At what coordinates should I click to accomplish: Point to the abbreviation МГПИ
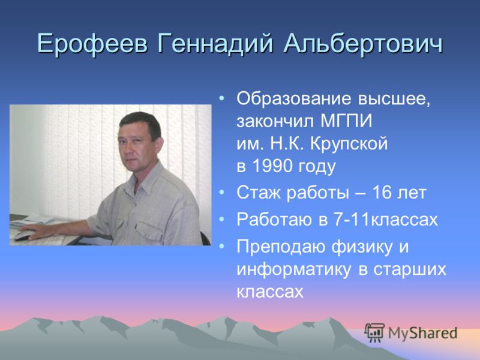tap(346, 121)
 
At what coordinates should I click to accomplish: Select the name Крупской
tap(349, 144)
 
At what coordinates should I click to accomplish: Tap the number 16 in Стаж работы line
tap(380, 193)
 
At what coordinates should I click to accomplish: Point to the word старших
tap(410, 270)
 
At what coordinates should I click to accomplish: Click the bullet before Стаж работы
tap(222, 193)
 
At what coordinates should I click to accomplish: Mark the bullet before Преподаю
tap(222, 246)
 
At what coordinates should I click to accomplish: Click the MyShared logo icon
tap(374, 332)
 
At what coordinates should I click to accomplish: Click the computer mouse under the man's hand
tap(23, 235)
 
